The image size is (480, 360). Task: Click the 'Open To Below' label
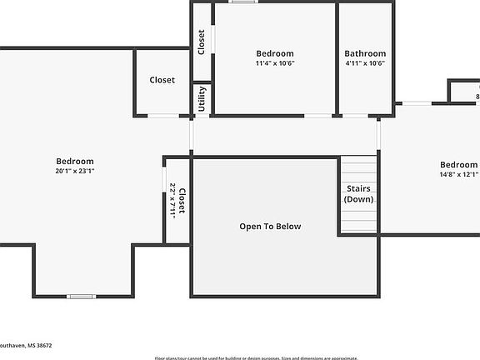[x=270, y=227]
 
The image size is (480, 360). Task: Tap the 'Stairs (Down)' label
[x=360, y=194]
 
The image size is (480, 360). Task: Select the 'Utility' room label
[x=202, y=99]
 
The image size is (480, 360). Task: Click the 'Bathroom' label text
[x=365, y=53]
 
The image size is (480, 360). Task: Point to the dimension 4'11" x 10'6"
[x=365, y=63]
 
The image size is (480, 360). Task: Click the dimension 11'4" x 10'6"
[x=275, y=63]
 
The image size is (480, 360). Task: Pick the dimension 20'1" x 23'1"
[x=75, y=171]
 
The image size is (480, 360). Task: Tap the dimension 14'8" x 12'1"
[x=458, y=175]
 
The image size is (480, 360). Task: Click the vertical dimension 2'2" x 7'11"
[x=172, y=200]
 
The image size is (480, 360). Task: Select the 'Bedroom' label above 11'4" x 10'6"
[x=275, y=53]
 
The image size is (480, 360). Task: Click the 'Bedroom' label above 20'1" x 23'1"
[x=75, y=161]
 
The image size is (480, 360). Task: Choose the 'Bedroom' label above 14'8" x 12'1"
[x=458, y=164]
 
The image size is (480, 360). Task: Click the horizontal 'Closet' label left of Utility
[x=162, y=80]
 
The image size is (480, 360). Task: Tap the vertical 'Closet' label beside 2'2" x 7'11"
[x=182, y=201]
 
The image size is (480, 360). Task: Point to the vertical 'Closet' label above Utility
[x=202, y=42]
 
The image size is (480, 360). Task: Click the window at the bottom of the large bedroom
[x=81, y=296]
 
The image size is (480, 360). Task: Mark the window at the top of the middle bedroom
[x=243, y=2]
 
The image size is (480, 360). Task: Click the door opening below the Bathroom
[x=356, y=116]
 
